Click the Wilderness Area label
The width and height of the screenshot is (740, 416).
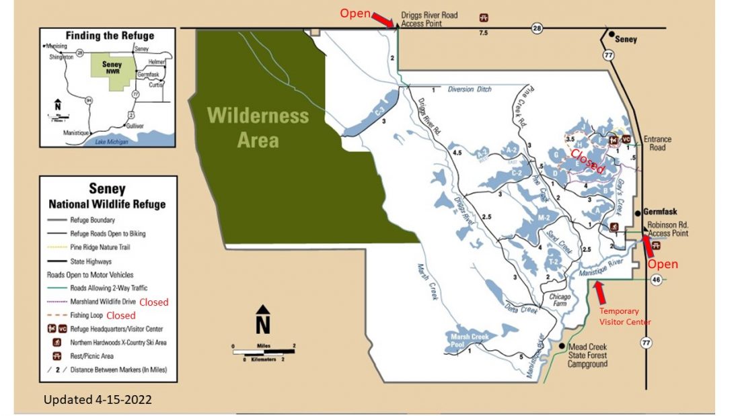[258, 128]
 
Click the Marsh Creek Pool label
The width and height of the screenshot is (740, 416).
[468, 341]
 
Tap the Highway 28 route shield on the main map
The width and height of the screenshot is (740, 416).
[537, 28]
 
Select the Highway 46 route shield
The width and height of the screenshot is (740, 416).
[656, 278]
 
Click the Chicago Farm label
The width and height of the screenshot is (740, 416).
[560, 300]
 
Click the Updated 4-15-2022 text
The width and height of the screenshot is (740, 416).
[98, 400]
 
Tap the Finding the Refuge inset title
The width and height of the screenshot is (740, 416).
[109, 36]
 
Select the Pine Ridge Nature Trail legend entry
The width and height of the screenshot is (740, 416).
[108, 247]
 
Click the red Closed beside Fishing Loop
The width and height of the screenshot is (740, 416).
[121, 315]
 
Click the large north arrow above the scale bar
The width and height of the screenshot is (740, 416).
[263, 321]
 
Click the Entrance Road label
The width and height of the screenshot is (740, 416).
[657, 143]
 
